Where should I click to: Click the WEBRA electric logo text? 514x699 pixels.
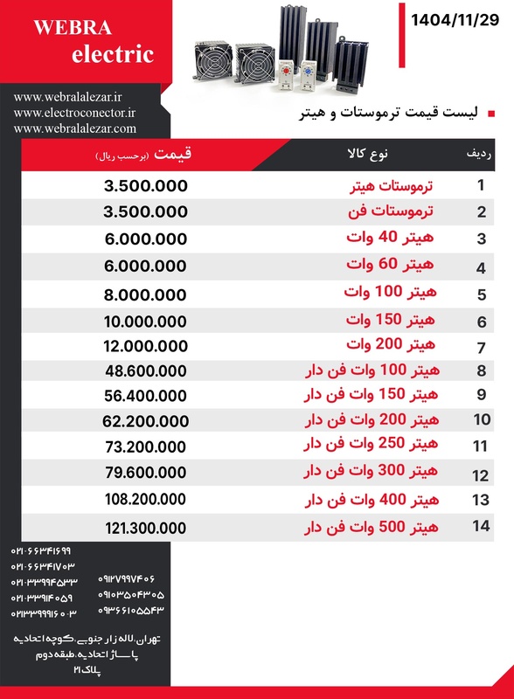[x=93, y=42]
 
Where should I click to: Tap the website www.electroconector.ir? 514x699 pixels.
[x=75, y=113]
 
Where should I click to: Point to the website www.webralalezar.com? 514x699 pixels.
[x=75, y=128]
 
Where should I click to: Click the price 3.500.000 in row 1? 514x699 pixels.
[x=145, y=187]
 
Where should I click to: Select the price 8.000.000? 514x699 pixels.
[x=145, y=294]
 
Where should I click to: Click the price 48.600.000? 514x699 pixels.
[x=145, y=370]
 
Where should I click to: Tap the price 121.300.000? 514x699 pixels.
[x=145, y=529]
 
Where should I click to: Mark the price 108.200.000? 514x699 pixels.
[x=145, y=500]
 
